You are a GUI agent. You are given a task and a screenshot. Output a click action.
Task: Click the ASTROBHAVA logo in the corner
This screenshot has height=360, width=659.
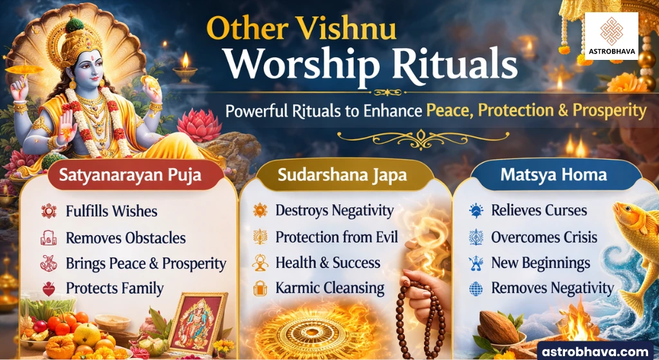pos(611,36)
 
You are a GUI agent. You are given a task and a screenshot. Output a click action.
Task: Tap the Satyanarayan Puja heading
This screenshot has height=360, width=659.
pos(130,175)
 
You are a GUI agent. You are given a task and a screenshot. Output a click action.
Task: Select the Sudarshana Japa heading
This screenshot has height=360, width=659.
pos(342,175)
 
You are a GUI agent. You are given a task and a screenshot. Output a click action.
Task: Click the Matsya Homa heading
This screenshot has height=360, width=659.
pos(553,175)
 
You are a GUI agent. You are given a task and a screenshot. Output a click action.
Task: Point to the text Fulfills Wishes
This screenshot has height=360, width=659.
pos(111,211)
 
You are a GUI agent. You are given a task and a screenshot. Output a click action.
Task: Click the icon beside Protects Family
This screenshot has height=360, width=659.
pos(49,289)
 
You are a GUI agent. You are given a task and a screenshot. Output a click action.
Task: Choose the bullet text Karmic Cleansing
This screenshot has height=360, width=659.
pos(330,289)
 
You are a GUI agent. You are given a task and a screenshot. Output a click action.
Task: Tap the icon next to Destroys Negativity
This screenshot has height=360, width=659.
pos(260,210)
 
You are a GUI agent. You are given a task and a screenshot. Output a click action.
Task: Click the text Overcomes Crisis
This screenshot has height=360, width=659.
pos(544,237)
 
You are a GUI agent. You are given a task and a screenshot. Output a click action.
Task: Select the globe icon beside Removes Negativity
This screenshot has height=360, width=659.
pos(476,289)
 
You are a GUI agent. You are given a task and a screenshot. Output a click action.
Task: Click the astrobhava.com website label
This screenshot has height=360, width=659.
pos(595,352)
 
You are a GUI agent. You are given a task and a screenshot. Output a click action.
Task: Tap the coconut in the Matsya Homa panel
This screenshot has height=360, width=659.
pos(499,327)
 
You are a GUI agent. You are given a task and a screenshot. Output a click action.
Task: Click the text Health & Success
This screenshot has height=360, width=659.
pos(328,263)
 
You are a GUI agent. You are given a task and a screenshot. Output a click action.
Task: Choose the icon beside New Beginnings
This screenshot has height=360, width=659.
pos(476,263)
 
